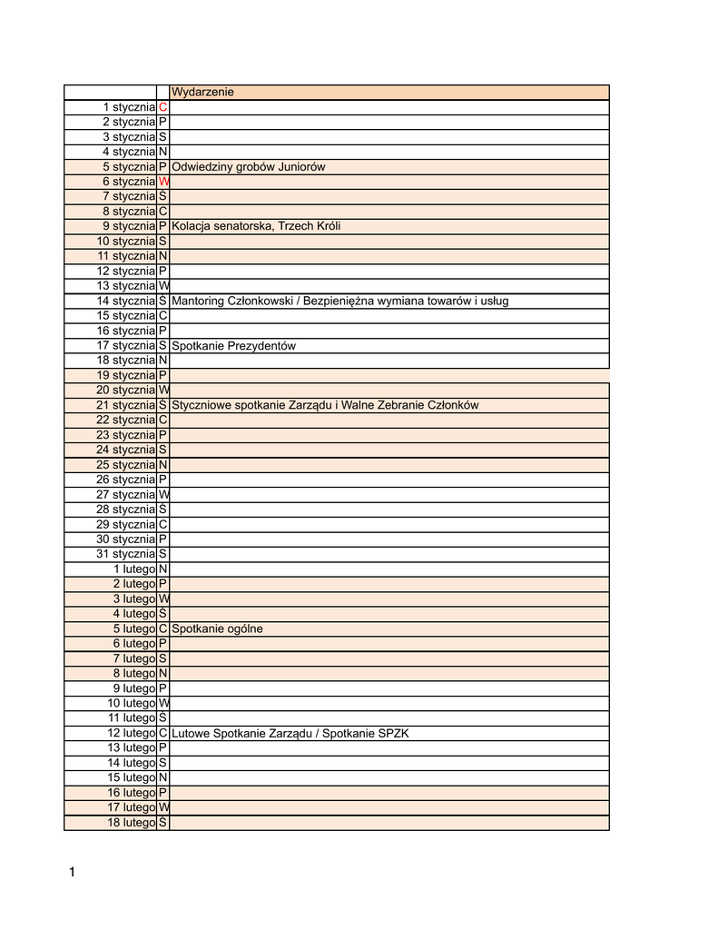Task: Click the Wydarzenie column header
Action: (x=202, y=92)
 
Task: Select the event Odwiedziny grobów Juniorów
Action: (x=248, y=166)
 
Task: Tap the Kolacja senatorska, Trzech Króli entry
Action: (x=256, y=226)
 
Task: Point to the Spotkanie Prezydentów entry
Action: (x=233, y=346)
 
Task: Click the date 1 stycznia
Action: (x=128, y=107)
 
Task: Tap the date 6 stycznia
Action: (x=128, y=182)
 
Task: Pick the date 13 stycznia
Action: (x=126, y=286)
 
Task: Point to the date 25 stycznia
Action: (x=126, y=465)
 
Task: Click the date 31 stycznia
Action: (x=126, y=554)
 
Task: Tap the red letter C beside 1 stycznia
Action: (x=162, y=107)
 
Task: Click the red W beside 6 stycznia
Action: (x=163, y=182)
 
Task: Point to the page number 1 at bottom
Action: (x=73, y=874)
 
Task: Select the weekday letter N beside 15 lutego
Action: (x=162, y=777)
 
